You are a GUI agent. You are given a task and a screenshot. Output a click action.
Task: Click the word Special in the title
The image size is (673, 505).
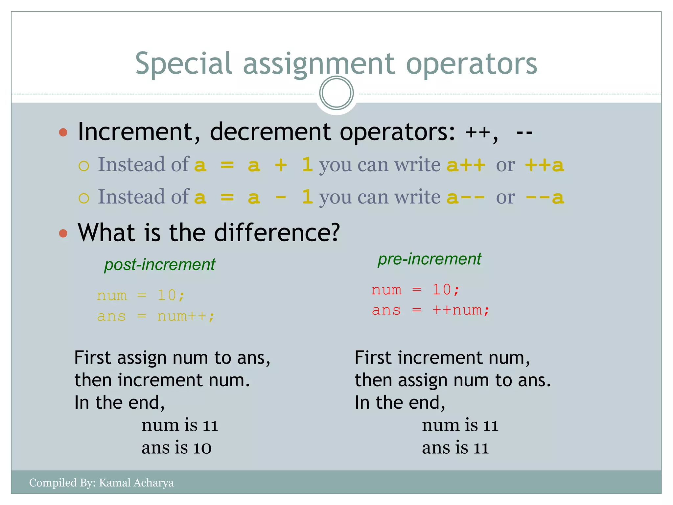point(184,63)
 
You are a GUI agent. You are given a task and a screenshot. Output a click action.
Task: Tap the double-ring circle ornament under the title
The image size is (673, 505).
point(336,93)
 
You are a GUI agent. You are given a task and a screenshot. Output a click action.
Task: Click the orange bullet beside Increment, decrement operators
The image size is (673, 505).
point(63,132)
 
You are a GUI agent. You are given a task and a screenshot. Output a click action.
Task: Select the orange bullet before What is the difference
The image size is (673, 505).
point(63,233)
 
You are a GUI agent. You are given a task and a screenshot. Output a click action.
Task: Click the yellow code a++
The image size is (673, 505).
point(466,165)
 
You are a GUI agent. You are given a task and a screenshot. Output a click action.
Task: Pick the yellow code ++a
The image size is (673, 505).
point(544,165)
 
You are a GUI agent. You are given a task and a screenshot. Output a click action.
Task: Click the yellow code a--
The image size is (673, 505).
point(466,197)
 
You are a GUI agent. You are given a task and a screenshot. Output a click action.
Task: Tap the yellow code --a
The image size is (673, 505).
point(544,197)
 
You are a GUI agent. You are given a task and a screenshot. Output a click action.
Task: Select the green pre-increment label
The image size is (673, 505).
point(429,259)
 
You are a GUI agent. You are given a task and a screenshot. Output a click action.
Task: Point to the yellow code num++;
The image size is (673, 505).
point(186,316)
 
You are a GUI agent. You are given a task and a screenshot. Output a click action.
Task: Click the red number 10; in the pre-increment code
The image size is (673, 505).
point(446,290)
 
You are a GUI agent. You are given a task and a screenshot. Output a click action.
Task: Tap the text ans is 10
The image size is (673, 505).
point(176,448)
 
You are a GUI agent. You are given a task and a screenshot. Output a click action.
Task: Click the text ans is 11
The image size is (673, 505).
point(455,448)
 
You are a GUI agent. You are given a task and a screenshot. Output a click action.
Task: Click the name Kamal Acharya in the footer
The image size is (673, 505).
point(136,483)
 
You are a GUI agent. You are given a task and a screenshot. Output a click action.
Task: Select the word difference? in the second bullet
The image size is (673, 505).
point(277,233)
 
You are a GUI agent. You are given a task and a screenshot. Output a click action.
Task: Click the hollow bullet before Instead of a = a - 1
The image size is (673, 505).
point(84,198)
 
